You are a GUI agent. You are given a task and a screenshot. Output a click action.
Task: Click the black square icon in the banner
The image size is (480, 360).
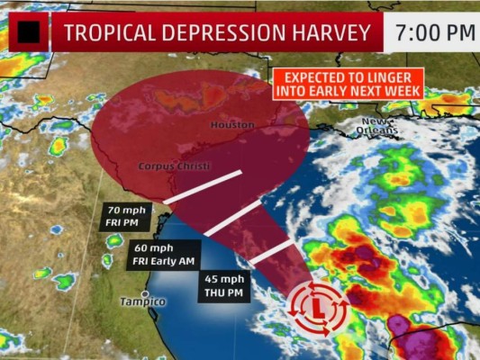29,33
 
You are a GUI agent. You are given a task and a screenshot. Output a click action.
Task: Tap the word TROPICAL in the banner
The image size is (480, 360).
105,33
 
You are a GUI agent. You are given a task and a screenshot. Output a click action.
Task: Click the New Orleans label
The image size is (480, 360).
379,126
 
